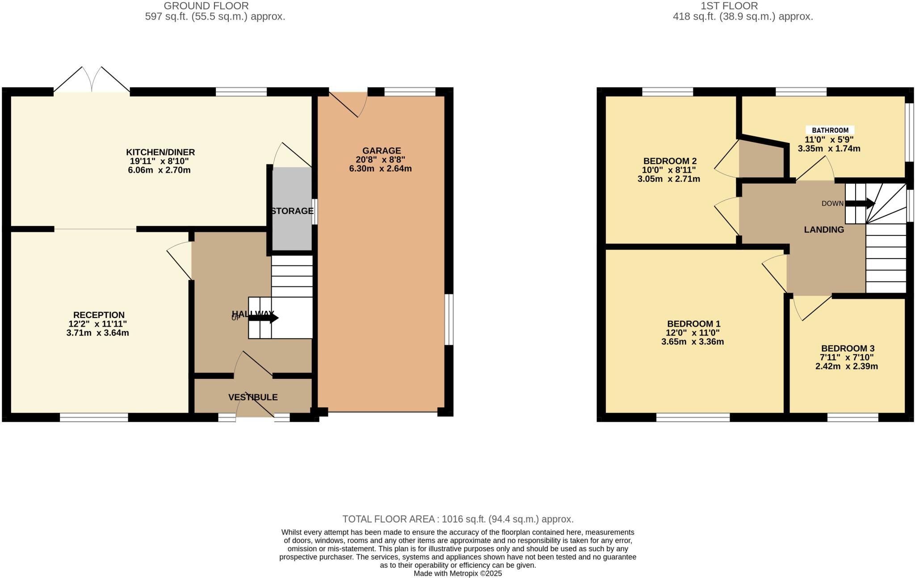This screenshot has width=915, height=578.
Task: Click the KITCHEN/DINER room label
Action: (x=160, y=152)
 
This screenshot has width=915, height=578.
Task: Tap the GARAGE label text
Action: (x=381, y=151)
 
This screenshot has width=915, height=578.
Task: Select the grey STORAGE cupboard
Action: (x=292, y=210)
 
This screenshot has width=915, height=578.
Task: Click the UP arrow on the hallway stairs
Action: (x=264, y=318)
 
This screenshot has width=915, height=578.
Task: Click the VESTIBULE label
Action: (x=253, y=397)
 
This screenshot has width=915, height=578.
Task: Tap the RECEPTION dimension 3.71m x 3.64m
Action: (x=97, y=333)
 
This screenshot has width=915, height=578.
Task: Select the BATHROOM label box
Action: (x=830, y=130)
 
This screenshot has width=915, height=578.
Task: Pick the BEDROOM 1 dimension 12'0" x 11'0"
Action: (x=693, y=333)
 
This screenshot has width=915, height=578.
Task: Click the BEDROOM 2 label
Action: (x=670, y=161)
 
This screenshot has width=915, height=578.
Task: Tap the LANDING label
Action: (x=824, y=230)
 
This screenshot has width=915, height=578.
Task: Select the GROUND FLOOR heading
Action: (x=206, y=6)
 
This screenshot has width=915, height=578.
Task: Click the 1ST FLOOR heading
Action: (x=743, y=6)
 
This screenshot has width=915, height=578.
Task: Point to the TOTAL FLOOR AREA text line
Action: (x=457, y=519)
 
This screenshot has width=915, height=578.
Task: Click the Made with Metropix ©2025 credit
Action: (x=457, y=574)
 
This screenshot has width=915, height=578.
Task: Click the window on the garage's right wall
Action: (x=449, y=319)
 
